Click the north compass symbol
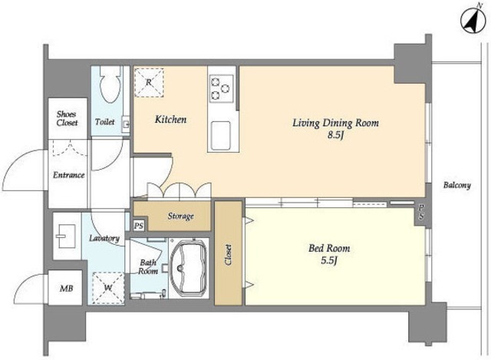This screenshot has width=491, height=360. [473, 21]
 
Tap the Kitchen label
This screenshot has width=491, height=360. [170, 120]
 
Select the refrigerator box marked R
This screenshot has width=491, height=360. [149, 82]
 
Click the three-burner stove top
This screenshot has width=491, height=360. [222, 88]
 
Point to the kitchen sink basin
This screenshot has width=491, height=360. [221, 135]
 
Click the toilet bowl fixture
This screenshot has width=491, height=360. [110, 84]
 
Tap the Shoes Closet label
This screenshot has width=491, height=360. [67, 118]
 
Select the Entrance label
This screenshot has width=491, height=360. [68, 175]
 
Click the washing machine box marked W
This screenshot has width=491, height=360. [108, 288]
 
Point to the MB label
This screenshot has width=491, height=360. [67, 289]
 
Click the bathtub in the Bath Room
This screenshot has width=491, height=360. [189, 268]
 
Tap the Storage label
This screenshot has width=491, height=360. [181, 216]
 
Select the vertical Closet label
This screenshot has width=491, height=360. [229, 255]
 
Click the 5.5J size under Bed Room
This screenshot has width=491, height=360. [329, 260]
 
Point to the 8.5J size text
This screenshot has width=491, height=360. [336, 135]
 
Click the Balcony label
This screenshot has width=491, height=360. [457, 185]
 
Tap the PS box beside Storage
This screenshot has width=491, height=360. [139, 226]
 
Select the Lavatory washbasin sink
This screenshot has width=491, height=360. [66, 236]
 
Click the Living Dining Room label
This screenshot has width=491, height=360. [336, 123]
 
